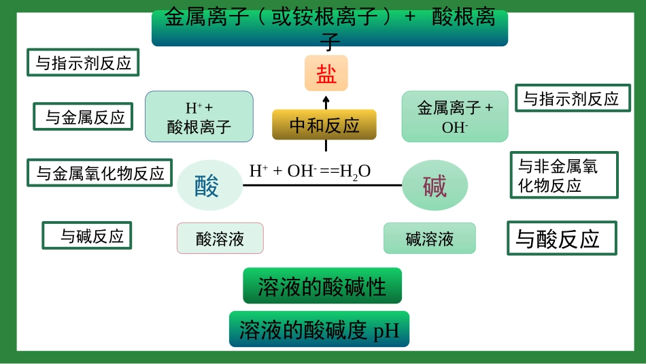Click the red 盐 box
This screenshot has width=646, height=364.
[326, 73]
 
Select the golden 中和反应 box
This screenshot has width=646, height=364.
[324, 125]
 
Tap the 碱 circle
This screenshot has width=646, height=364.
[435, 185]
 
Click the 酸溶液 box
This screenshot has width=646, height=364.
[220, 238]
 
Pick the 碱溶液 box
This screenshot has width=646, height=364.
[429, 238]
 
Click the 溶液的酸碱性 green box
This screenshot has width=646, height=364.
[322, 286]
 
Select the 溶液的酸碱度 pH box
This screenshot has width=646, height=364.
[319, 330]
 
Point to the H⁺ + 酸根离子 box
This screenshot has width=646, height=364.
[199, 117]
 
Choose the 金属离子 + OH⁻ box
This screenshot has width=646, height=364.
[455, 116]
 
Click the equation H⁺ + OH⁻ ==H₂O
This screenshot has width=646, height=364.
[309, 171]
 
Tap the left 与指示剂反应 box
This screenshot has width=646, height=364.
[83, 63]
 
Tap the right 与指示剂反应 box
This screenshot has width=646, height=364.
[571, 99]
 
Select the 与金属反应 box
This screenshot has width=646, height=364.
[83, 117]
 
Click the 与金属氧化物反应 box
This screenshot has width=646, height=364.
[99, 173]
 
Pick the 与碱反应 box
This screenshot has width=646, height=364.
[86, 236]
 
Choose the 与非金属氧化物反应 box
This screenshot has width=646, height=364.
[564, 175]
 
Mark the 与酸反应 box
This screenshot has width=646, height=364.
[561, 238]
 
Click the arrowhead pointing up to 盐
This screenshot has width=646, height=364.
[326, 99]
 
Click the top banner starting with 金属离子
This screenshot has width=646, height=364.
[330, 28]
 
